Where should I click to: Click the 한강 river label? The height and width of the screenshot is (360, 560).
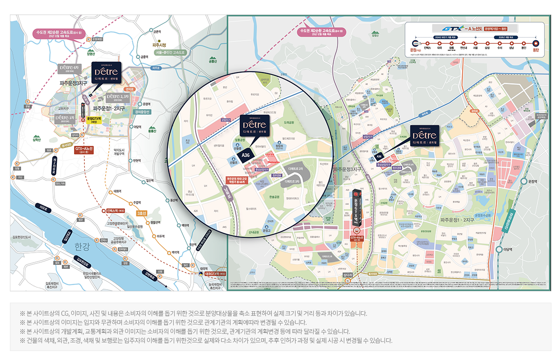[83, 246]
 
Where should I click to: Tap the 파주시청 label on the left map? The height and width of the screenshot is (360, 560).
[159, 45]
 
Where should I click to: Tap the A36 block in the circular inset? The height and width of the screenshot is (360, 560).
[245, 155]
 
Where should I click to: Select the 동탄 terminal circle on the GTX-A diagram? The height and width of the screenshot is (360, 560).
[536, 43]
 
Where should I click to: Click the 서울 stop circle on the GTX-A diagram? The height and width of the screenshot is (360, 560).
[475, 43]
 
